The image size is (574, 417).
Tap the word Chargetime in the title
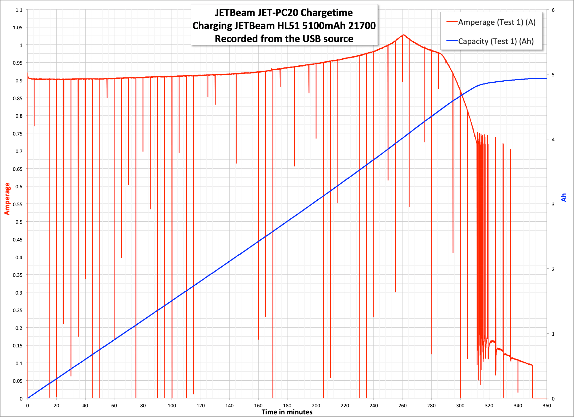tap(327, 13)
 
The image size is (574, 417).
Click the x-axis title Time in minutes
tap(287, 412)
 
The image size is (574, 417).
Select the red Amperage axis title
tap(7, 199)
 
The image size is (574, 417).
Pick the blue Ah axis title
tap(564, 198)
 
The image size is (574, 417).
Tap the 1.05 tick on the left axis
tap(18, 27)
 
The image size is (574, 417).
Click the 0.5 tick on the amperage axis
tap(19, 222)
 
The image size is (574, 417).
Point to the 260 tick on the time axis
tap(402, 406)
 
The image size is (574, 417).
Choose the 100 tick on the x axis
tap(172, 406)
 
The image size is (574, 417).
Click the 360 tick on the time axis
tap(547, 406)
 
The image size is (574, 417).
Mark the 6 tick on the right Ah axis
tap(553, 10)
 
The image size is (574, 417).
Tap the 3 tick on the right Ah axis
tap(553, 204)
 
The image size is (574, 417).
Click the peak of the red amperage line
tap(404, 35)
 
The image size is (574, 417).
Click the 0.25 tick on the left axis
tap(18, 310)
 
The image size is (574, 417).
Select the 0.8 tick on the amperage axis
tap(19, 116)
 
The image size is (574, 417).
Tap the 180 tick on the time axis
tap(287, 406)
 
